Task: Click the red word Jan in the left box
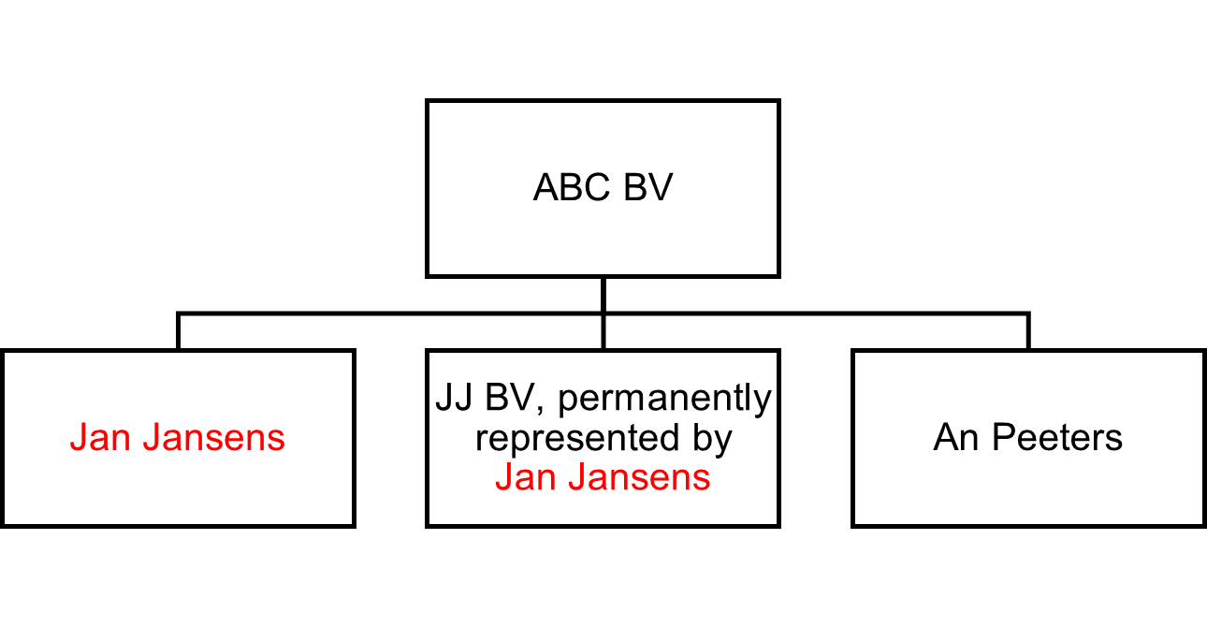coord(98,438)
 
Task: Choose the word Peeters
coord(1057,438)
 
